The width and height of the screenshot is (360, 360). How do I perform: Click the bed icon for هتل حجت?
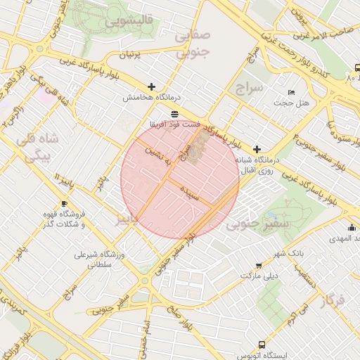pos(292,93)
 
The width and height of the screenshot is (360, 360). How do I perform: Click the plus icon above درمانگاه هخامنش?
pos(152,86)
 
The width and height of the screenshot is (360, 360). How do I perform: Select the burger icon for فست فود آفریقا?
pos(174,113)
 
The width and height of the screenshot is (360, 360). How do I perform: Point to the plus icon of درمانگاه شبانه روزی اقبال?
pos(257,149)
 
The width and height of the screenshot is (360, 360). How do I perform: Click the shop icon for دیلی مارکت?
pos(259,266)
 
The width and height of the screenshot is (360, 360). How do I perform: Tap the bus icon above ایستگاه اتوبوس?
pos(262,345)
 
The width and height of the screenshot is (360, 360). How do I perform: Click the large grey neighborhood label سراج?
pos(249,88)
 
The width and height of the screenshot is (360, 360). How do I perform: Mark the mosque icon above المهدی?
pos(352,226)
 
